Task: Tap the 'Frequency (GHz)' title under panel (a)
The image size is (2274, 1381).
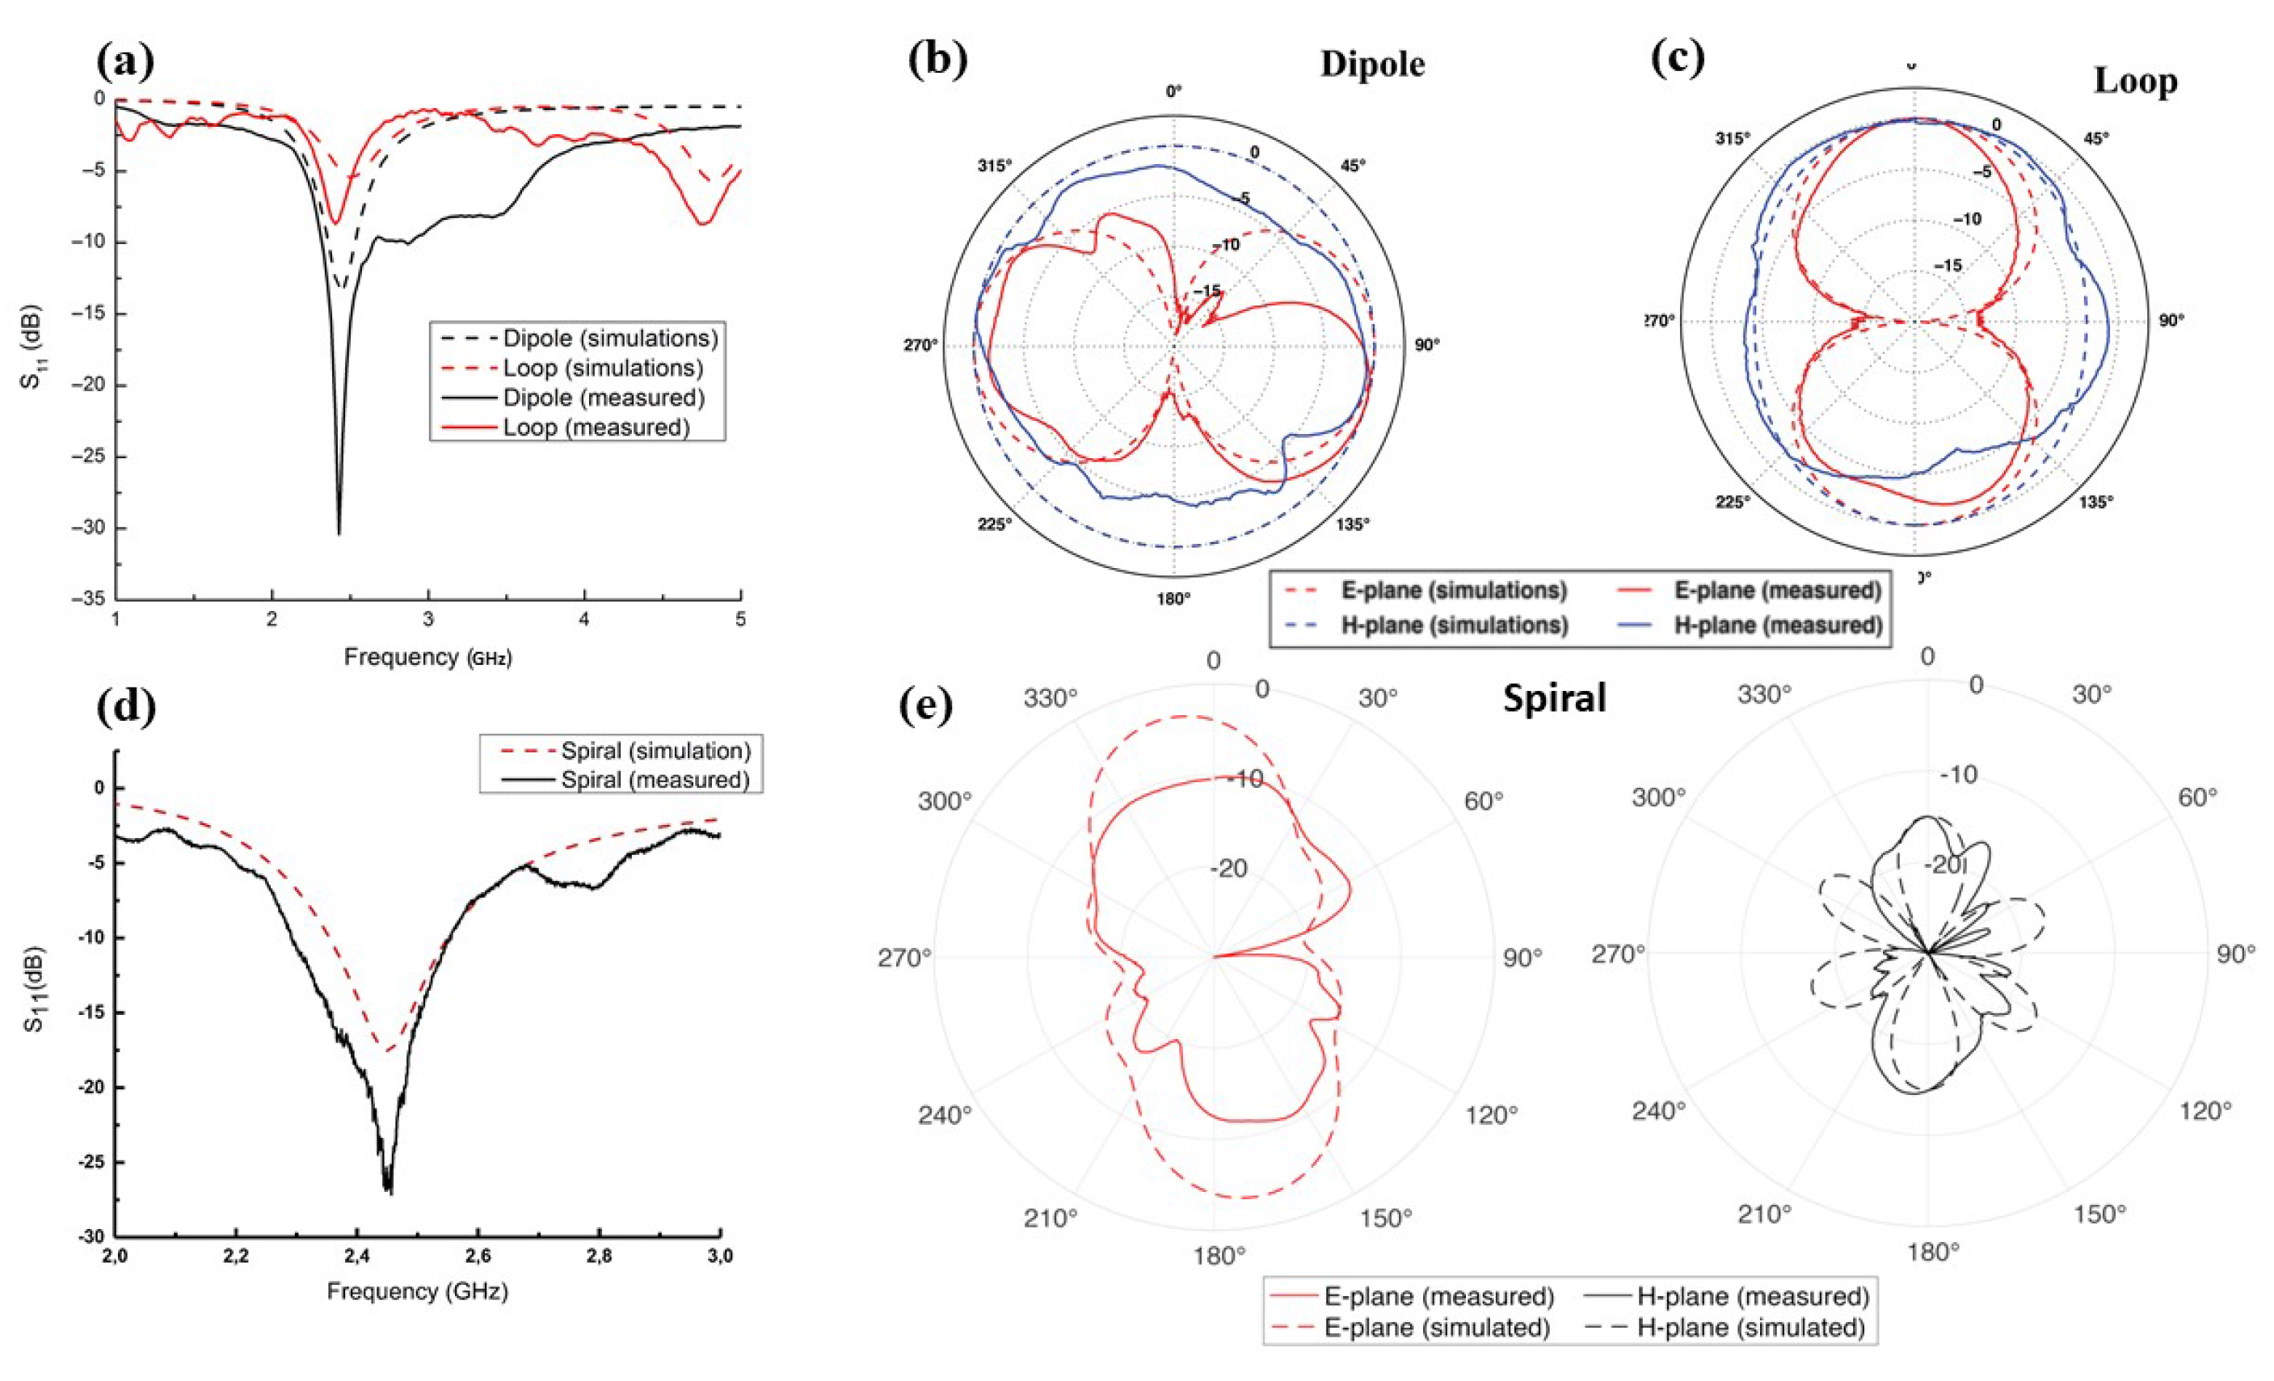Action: point(427,657)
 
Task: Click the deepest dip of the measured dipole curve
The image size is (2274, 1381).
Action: point(339,533)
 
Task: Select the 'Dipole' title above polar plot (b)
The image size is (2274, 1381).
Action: point(1372,64)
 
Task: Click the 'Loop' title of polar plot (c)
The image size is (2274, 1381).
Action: point(2136,82)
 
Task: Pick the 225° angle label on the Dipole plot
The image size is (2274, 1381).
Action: point(995,524)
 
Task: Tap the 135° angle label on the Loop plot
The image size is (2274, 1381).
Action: point(2095,502)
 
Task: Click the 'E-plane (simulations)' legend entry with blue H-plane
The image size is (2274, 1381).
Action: point(1454,590)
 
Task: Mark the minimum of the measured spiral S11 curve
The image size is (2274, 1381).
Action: point(390,1193)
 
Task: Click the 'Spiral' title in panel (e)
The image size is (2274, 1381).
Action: point(1554,698)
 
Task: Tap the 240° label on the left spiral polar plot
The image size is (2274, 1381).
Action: point(945,1115)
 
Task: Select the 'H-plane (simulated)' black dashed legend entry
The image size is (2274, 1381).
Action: point(1750,1328)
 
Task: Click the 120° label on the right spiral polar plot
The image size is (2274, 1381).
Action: point(2205,1111)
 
